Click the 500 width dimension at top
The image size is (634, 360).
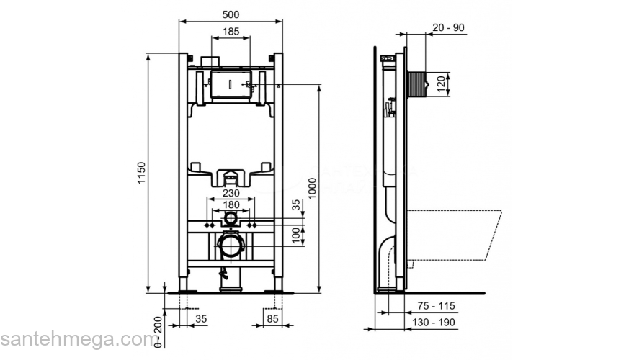click(230, 14)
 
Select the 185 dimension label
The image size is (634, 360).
click(230, 32)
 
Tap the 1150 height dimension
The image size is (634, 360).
click(142, 174)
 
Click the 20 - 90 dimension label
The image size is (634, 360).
click(448, 27)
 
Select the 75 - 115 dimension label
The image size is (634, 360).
click(437, 305)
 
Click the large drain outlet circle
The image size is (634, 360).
click(231, 246)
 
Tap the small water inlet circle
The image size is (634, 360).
click(231, 218)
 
